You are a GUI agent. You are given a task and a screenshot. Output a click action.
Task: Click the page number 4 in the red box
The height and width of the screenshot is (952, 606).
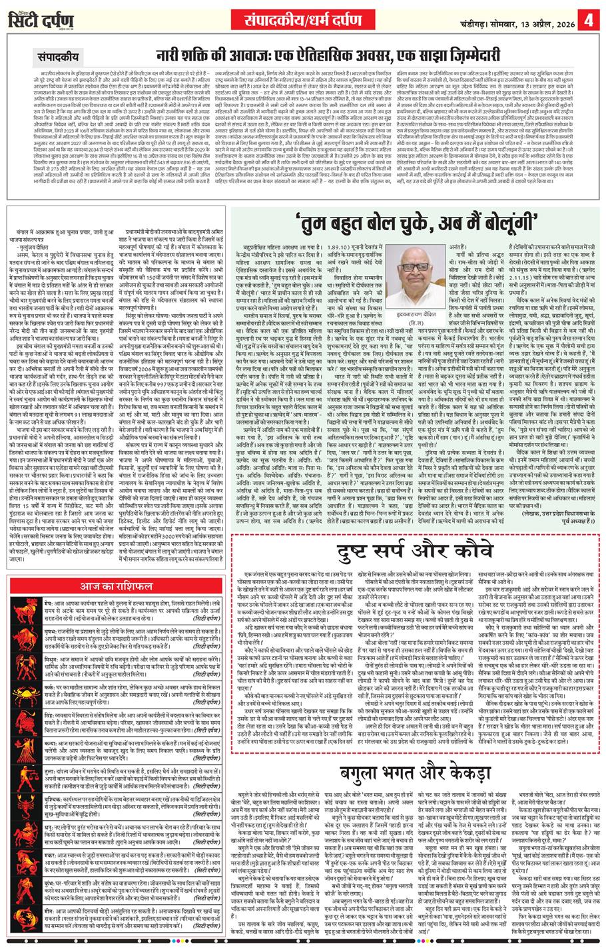pos(589,20)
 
